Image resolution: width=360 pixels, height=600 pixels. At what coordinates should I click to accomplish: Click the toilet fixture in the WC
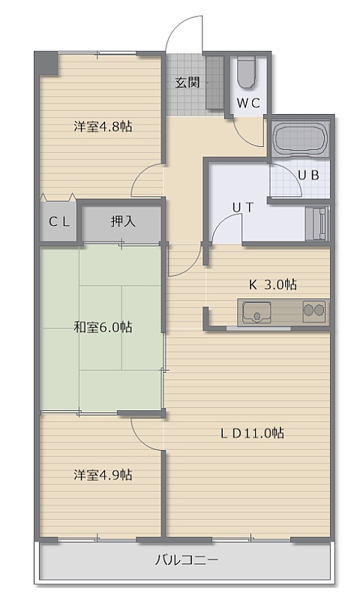click(245, 73)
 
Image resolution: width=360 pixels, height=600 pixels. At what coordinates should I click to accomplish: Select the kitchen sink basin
click(256, 312)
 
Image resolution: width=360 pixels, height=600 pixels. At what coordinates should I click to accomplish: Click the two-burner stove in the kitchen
click(314, 311)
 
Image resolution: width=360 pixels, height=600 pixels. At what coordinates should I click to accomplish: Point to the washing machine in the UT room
click(317, 223)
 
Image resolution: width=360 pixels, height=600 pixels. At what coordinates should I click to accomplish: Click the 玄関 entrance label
click(187, 82)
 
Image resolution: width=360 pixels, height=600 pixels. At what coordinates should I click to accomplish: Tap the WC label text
click(248, 103)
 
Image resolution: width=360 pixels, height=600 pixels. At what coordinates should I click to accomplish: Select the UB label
click(308, 175)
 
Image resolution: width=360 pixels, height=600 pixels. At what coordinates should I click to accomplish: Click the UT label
click(243, 207)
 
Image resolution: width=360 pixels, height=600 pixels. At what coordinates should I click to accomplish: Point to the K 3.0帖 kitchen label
click(273, 285)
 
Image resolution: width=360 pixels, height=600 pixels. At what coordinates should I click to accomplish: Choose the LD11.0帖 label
click(253, 433)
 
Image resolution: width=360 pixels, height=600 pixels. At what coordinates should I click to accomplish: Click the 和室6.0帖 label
click(103, 328)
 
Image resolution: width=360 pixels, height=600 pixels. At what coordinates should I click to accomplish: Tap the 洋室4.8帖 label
click(103, 126)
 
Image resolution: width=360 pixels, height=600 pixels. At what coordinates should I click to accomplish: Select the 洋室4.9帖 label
click(103, 475)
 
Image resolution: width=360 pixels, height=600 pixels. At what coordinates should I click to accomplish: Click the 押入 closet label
click(123, 220)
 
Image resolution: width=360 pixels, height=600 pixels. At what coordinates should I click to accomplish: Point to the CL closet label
click(59, 221)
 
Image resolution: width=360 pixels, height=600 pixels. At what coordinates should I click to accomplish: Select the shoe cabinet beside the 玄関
click(214, 82)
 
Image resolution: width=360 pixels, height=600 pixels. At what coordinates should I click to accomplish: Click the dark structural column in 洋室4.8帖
click(46, 63)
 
